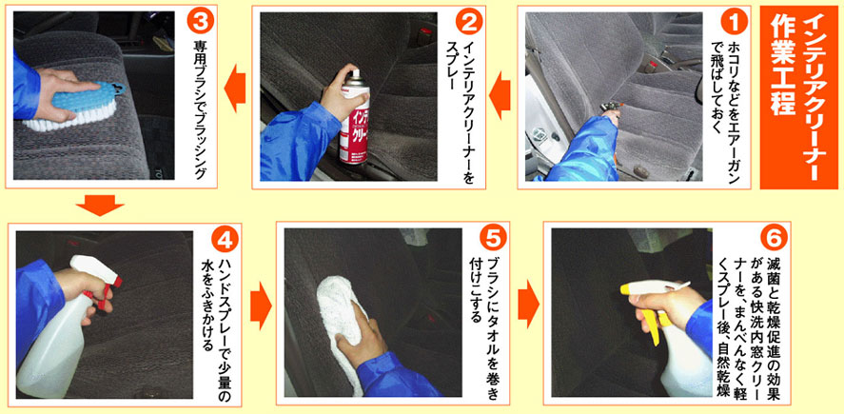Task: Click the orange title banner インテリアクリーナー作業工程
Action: (x=798, y=97)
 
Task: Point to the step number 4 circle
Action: (x=225, y=240)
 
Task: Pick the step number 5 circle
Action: (x=493, y=239)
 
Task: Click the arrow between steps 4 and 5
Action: (x=261, y=306)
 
